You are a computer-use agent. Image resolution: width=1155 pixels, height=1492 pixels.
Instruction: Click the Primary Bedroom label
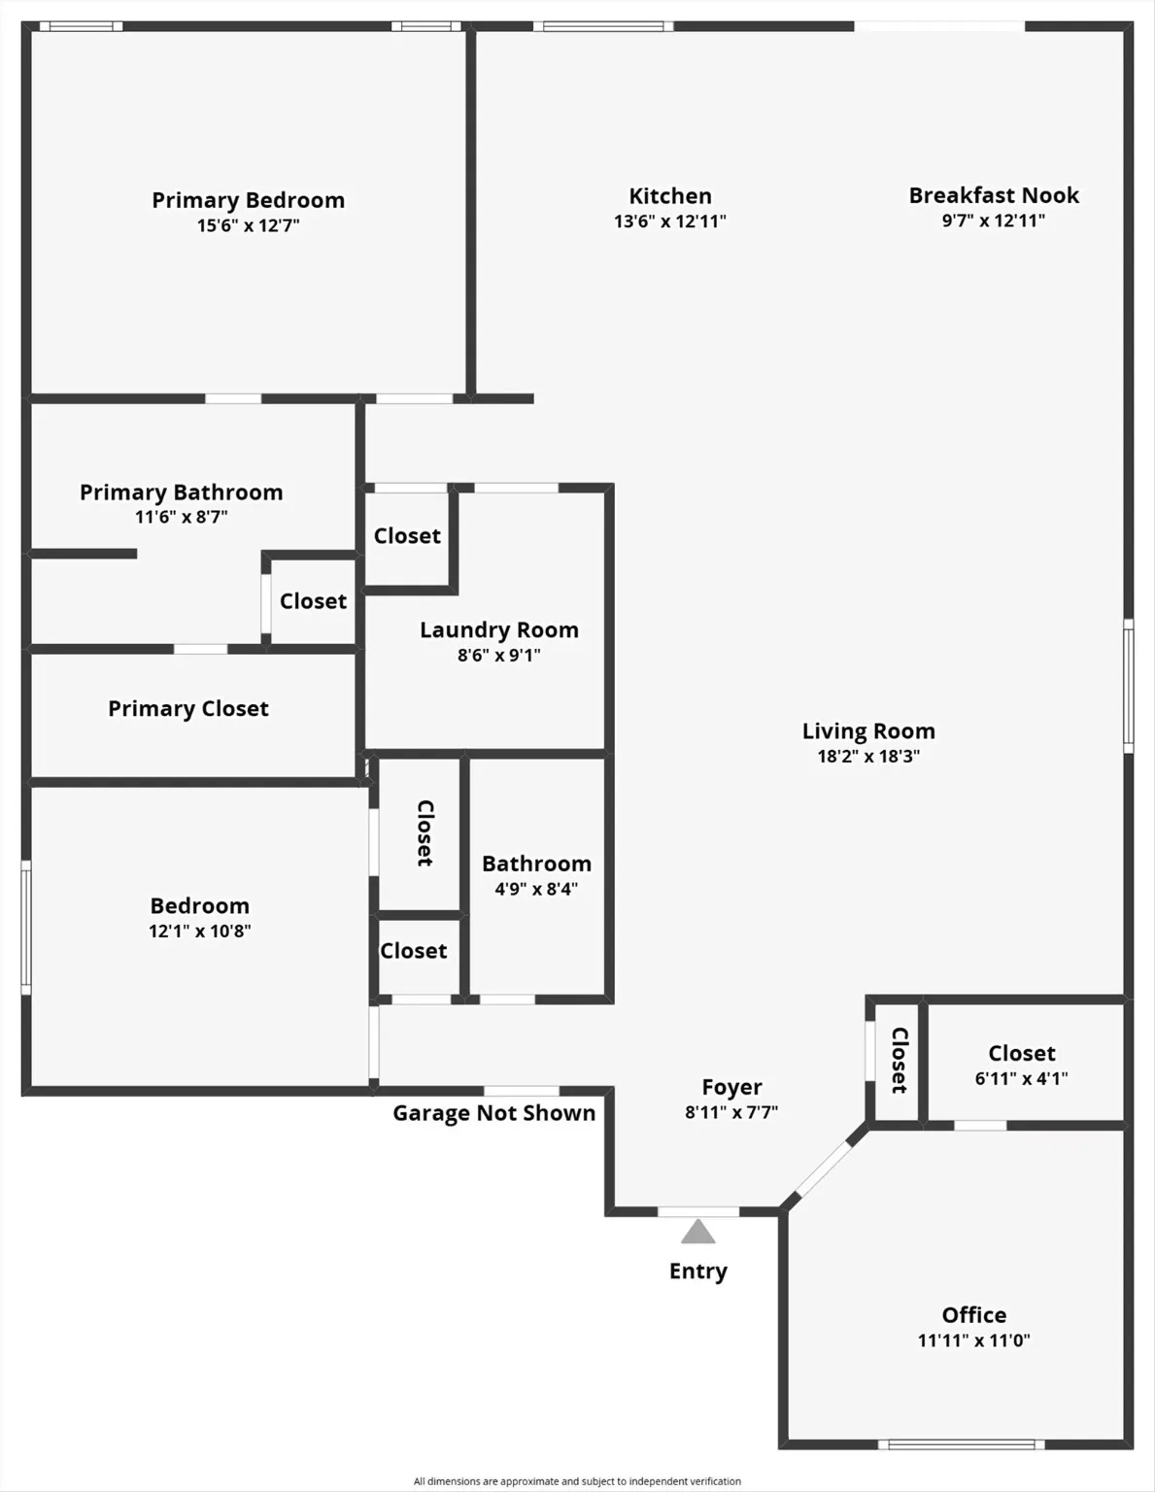[248, 200]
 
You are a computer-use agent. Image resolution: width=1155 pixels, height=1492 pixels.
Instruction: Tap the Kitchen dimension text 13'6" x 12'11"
[669, 221]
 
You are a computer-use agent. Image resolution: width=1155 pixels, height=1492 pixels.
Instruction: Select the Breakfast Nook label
[994, 195]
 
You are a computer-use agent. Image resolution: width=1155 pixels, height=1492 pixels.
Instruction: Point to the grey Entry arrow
[697, 1233]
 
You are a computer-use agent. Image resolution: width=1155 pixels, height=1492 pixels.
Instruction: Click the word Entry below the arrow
[697, 1272]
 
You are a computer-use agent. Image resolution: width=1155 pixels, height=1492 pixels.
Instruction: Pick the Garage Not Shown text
[493, 1113]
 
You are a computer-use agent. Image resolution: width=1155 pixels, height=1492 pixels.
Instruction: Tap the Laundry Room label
[498, 630]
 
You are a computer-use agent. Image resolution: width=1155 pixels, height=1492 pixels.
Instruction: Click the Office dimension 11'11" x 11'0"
[973, 1340]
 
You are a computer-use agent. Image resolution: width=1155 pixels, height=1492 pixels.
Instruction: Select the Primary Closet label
[187, 709]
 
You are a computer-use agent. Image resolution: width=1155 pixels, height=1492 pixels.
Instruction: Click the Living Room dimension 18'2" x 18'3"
[867, 757]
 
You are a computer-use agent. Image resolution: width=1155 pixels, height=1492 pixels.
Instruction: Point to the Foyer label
[731, 1087]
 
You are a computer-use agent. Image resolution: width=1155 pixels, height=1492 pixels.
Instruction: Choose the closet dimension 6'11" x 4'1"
[1021, 1078]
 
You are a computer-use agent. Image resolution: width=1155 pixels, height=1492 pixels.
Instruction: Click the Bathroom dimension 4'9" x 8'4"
[536, 889]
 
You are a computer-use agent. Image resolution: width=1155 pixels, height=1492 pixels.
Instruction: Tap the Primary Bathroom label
[181, 492]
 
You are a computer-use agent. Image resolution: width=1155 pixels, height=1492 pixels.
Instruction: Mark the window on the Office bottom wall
[962, 1444]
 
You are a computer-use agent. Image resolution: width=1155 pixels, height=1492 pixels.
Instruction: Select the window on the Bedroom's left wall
[26, 927]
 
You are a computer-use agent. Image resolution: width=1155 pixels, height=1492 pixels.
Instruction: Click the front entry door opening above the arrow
[697, 1211]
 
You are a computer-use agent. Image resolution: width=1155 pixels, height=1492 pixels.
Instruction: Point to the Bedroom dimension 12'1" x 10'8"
[199, 932]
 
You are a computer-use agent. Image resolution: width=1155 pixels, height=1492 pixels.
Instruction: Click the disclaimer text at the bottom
[577, 1481]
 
